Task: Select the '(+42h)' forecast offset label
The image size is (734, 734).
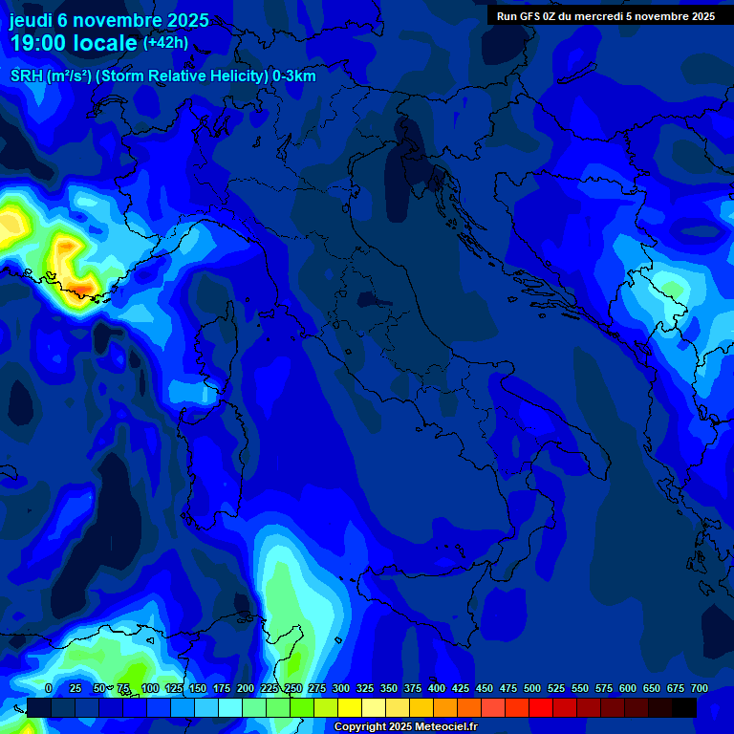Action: pyautogui.click(x=165, y=43)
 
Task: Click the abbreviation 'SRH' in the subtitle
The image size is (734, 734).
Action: pyautogui.click(x=27, y=76)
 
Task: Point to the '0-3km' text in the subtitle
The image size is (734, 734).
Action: pyautogui.click(x=294, y=76)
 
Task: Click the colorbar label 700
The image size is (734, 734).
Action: pyautogui.click(x=699, y=688)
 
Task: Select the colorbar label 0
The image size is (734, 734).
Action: pyautogui.click(x=49, y=688)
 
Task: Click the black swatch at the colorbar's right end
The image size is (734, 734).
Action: pyautogui.click(x=684, y=707)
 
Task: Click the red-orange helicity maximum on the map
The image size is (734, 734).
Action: pyautogui.click(x=84, y=286)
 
